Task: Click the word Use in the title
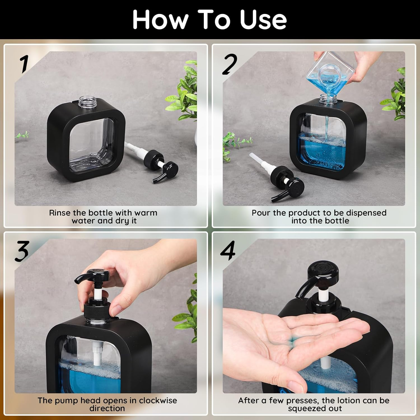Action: (x=263, y=20)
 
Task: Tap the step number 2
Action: (x=230, y=64)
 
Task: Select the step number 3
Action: (x=22, y=251)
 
